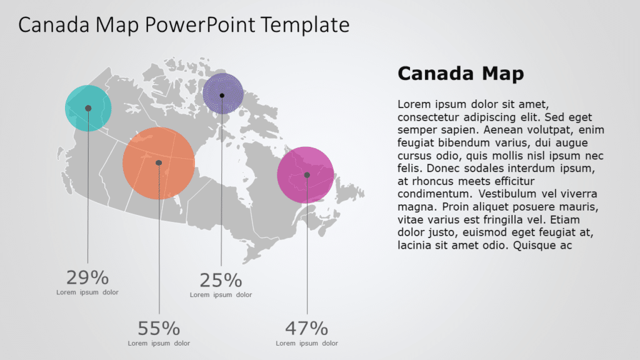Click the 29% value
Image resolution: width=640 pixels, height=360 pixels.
pos(87,277)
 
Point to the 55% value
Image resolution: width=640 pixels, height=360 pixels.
pos(159,328)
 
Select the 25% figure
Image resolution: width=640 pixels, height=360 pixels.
pos(221,280)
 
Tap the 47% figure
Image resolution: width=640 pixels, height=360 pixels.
pos(306,328)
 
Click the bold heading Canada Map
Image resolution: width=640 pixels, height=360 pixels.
pos(461,74)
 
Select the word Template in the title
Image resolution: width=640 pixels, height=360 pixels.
pos(305,25)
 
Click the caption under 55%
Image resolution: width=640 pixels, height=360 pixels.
pos(159,343)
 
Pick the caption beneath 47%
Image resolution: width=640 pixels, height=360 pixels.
pos(307,343)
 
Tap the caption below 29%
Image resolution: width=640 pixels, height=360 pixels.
pos(87,292)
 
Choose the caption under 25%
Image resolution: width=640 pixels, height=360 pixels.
pos(221,295)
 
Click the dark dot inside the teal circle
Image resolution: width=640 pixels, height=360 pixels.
pos(88,108)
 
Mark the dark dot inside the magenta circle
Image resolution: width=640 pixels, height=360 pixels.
pos(307,175)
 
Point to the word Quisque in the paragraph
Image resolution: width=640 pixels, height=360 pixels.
pos(535,246)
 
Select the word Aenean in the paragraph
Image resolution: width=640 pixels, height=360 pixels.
pos(481,130)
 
